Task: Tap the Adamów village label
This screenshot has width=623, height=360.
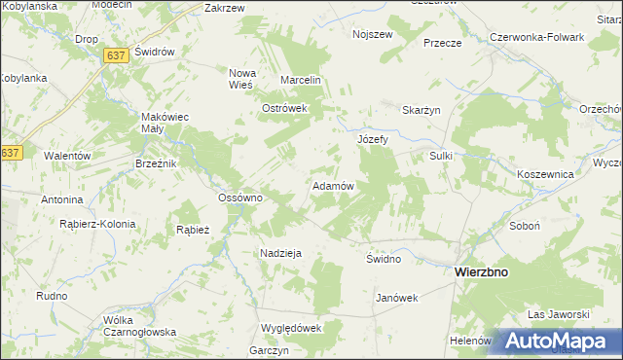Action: click(x=332, y=185)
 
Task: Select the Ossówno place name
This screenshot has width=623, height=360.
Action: click(x=239, y=198)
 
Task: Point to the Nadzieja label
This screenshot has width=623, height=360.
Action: click(x=280, y=253)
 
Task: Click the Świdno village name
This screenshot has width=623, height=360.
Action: click(x=384, y=260)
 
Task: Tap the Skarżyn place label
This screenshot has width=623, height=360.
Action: click(x=421, y=111)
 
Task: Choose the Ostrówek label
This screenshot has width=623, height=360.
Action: click(x=284, y=108)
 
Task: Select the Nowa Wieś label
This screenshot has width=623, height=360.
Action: click(x=240, y=79)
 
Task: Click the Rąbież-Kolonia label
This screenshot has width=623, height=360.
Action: click(x=97, y=224)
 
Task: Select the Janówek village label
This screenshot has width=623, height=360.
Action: click(x=396, y=299)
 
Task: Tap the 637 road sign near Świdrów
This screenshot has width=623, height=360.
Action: click(x=116, y=56)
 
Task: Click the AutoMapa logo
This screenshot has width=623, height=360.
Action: click(x=559, y=342)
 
